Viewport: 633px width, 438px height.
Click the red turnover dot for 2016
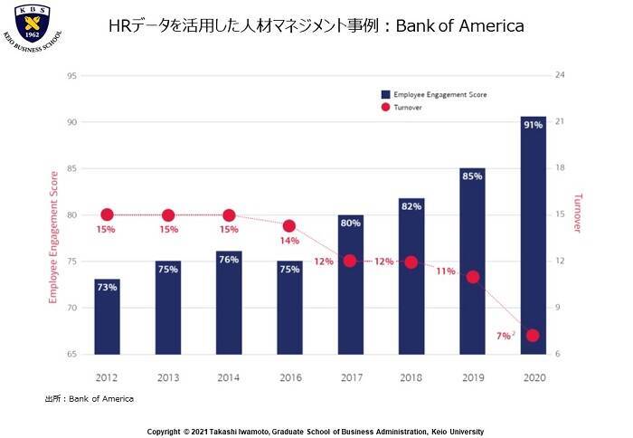[289, 226]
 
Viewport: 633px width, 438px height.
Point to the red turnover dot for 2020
[533, 336]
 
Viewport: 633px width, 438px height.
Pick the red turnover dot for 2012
[107, 214]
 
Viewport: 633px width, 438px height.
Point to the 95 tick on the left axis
[71, 75]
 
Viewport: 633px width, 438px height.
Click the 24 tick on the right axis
[560, 75]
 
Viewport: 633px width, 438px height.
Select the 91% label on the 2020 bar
[533, 125]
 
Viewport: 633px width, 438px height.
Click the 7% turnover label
[503, 336]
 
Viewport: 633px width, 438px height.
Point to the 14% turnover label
[289, 241]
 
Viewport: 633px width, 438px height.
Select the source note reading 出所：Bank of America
[89, 399]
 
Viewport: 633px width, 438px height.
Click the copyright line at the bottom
[316, 432]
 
